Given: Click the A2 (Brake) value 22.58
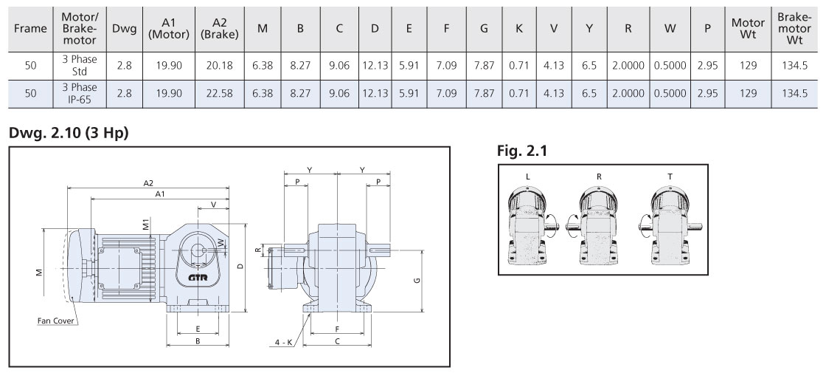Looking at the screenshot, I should click(220, 93).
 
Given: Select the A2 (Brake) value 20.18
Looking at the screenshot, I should click(220, 65).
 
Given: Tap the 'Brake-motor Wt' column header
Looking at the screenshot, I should click(794, 29).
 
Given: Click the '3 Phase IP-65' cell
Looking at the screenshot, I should click(80, 93).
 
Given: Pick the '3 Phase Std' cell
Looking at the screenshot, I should click(80, 65).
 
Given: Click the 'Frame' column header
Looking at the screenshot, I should click(30, 29).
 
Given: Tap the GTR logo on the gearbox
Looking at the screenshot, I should click(197, 276).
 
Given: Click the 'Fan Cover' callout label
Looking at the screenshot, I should click(58, 321).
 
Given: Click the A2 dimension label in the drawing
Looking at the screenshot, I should click(147, 183).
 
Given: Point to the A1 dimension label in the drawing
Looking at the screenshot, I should click(159, 194).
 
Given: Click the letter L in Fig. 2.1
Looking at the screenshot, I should click(528, 177).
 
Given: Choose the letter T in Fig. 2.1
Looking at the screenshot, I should click(669, 177).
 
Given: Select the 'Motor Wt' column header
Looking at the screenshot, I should click(747, 29).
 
